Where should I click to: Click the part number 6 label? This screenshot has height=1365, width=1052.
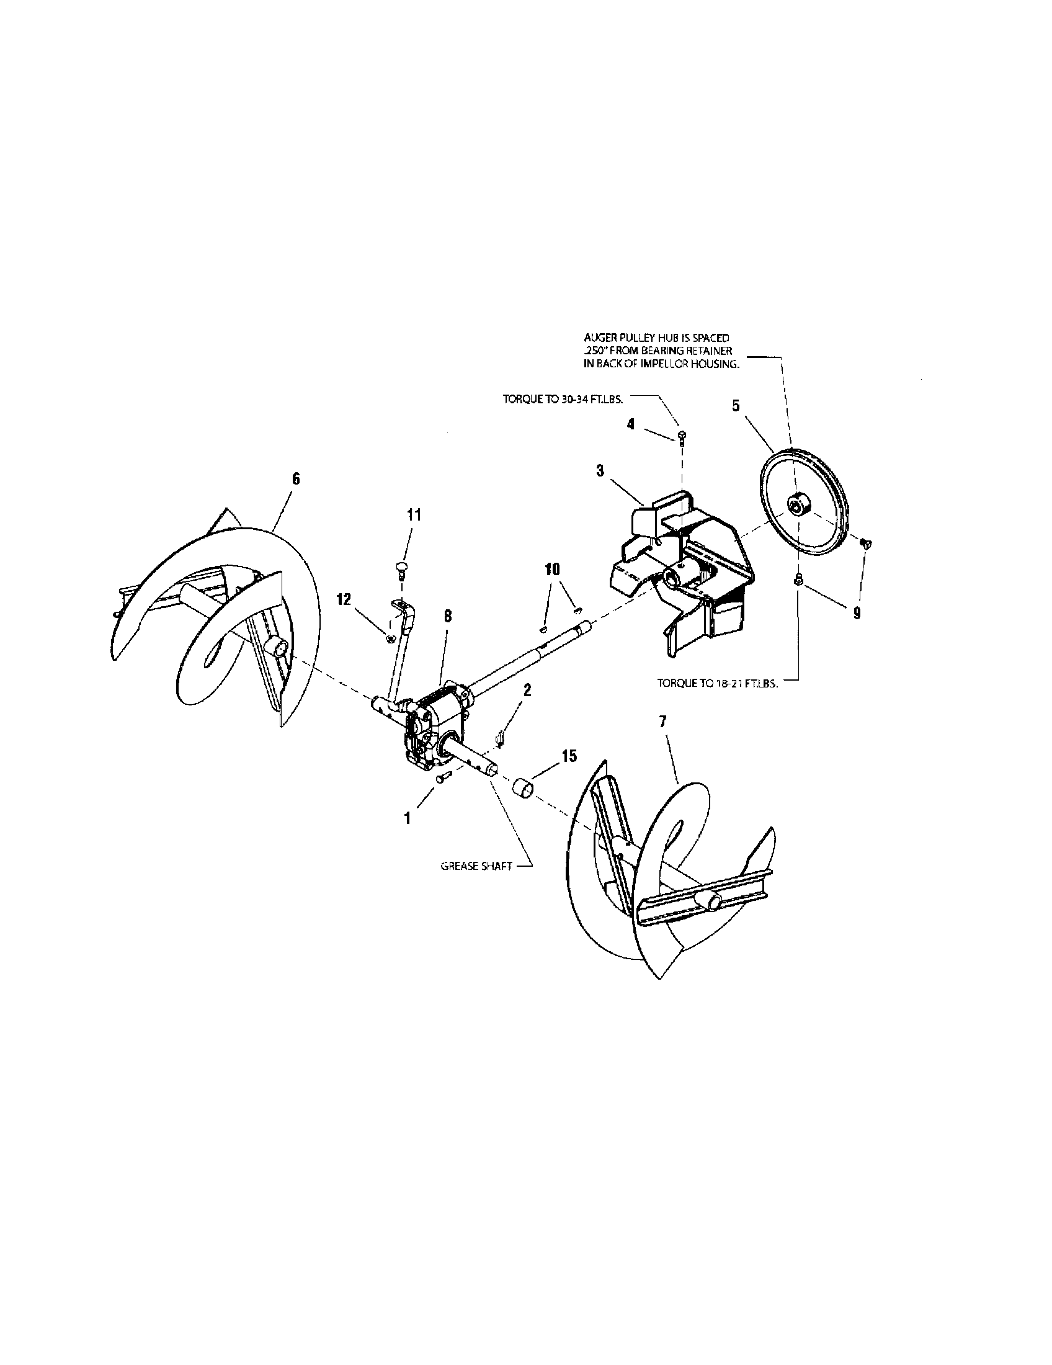296,478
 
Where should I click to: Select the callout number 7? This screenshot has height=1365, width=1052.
663,721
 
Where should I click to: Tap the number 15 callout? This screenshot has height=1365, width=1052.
568,756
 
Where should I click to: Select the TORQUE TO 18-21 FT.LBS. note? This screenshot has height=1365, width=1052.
717,684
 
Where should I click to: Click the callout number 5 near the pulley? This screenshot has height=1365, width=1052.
736,406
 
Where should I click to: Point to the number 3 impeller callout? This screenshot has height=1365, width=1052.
600,471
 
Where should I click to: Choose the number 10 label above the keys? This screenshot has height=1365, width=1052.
553,569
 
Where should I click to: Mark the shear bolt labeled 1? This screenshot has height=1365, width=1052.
443,778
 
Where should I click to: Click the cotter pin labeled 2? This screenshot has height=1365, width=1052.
501,740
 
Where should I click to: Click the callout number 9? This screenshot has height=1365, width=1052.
857,614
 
